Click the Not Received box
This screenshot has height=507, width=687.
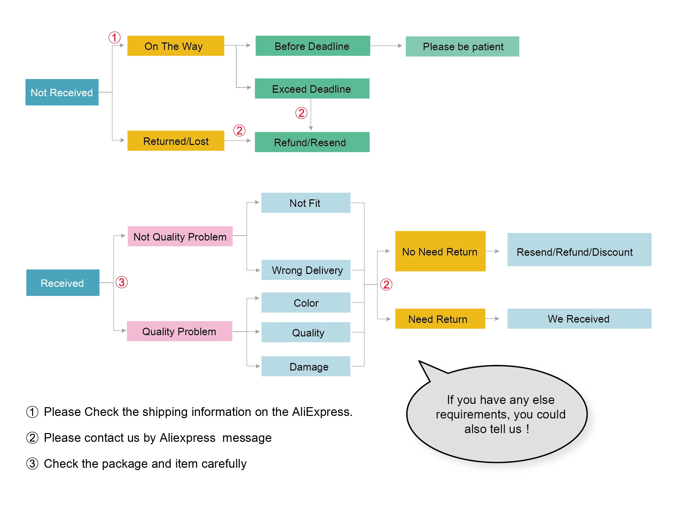tap(62, 92)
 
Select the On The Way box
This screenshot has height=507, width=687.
tap(176, 46)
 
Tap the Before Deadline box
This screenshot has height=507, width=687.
tap(313, 46)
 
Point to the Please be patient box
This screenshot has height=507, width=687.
tap(462, 46)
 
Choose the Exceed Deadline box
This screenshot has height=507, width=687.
tap(312, 88)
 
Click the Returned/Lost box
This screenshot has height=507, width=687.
tap(176, 141)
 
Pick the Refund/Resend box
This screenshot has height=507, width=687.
tap(312, 142)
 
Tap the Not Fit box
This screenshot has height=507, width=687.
tap(306, 203)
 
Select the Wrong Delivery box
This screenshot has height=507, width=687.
tap(306, 270)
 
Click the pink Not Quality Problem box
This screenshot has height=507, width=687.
tap(180, 236)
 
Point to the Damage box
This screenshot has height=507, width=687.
tap(306, 366)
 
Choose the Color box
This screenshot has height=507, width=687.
tap(306, 302)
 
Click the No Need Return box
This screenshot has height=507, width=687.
tap(440, 251)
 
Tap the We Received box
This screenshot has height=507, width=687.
tap(579, 319)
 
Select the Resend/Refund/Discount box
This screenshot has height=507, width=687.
tap(579, 250)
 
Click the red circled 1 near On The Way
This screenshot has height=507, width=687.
tap(115, 37)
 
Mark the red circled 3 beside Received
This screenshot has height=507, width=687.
tap(122, 282)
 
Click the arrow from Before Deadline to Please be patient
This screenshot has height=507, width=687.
tap(386, 46)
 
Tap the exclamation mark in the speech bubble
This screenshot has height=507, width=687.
tap(528, 429)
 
